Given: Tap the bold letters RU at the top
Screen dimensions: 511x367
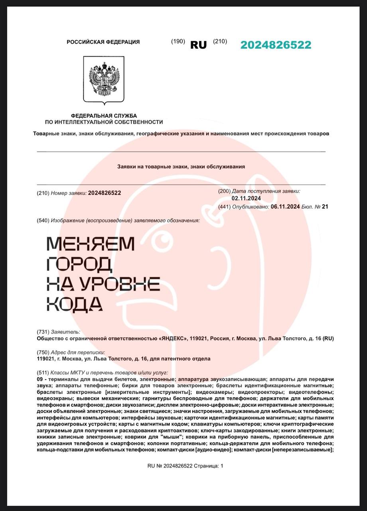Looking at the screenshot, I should [198, 45].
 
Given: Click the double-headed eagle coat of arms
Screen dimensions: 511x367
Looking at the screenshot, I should [104, 79].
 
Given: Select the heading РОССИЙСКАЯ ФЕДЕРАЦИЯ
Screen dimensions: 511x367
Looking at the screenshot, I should [103, 42].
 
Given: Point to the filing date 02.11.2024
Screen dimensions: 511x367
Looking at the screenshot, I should [246, 198].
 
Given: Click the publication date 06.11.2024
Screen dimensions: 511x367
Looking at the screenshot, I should [285, 206].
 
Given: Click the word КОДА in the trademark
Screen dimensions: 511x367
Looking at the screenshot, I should [75, 304].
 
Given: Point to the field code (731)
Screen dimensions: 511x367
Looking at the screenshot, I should [43, 332].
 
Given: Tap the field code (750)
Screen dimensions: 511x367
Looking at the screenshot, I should [43, 352].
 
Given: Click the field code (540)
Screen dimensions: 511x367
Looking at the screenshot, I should [43, 220].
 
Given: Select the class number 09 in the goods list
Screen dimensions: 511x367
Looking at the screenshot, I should [39, 379].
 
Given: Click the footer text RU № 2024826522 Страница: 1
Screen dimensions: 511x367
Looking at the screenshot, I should [185, 465].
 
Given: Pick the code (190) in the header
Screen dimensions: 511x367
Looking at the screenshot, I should [178, 41].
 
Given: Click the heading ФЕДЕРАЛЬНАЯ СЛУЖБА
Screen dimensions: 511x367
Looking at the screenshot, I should [104, 115].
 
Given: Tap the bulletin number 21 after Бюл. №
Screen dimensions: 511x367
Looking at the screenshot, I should [325, 206].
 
